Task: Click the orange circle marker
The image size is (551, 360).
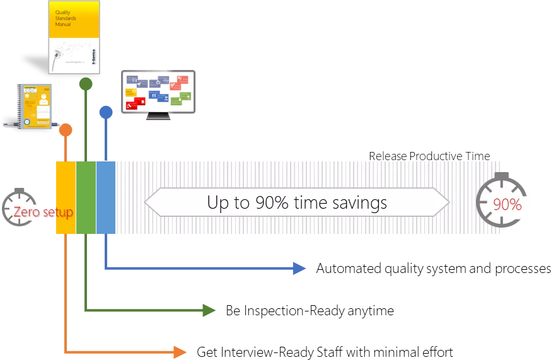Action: (65, 131)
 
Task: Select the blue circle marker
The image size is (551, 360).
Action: (106, 113)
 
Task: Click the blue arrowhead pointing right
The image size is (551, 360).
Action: (299, 269)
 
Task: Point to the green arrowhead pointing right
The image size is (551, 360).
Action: (208, 310)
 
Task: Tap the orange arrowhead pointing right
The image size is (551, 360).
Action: (180, 352)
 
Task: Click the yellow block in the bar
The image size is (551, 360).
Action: (66, 199)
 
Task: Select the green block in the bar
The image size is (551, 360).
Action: (85, 199)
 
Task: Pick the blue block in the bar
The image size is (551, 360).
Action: (105, 199)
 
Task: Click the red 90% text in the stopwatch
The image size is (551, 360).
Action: (507, 205)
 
